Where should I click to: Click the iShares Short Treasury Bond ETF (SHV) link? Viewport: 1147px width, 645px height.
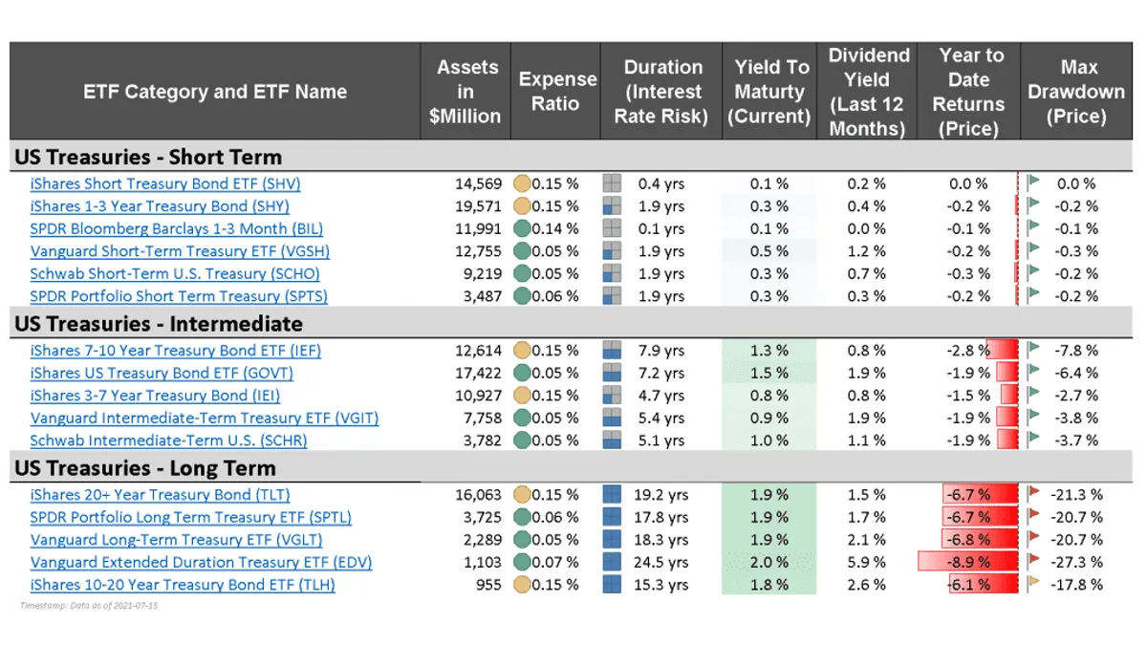[x=165, y=183]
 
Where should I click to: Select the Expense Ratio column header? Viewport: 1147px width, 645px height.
[x=557, y=92]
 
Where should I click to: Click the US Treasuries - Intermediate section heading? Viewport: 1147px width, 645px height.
[x=159, y=323]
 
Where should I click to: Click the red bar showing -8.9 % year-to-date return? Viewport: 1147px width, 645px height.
[x=967, y=563]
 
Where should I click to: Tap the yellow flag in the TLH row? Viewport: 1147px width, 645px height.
[x=1033, y=585]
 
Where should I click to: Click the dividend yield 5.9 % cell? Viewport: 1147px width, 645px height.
[x=866, y=563]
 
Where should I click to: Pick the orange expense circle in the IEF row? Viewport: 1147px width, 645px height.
[x=522, y=351]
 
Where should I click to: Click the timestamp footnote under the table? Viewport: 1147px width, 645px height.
[x=88, y=606]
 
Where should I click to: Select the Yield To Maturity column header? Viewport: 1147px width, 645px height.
[x=770, y=92]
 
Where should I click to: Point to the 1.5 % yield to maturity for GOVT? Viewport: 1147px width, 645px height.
[x=769, y=374]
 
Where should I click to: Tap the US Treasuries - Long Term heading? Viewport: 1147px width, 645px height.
[x=145, y=468]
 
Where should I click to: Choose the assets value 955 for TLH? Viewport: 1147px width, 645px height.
[x=487, y=585]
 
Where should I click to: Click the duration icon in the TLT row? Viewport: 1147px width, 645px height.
[x=613, y=495]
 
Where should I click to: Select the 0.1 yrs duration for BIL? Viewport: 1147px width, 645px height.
[x=660, y=229]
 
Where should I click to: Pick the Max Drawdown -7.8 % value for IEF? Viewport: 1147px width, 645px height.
[x=1079, y=351]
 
